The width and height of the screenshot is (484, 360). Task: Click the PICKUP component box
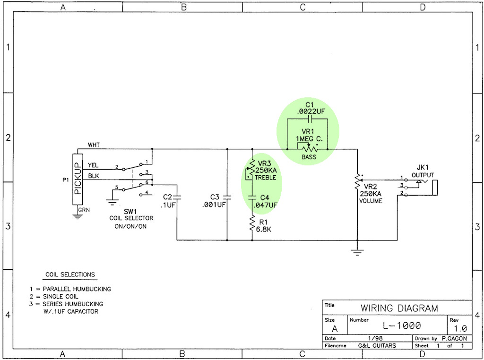click(78, 179)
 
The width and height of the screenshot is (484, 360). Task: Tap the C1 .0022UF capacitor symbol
click(311, 119)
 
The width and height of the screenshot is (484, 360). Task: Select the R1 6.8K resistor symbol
click(252, 223)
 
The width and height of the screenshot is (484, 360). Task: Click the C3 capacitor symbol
click(227, 197)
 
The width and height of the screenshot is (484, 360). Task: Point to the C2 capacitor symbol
click(177, 197)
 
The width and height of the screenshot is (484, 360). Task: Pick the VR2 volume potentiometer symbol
click(357, 181)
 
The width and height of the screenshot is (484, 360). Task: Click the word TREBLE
click(266, 178)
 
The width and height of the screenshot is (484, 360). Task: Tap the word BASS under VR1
click(309, 157)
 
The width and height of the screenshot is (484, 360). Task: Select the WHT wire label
click(94, 145)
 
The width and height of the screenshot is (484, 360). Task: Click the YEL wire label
click(93, 165)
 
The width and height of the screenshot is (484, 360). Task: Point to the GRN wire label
click(84, 210)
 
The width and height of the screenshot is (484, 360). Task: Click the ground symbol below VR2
click(357, 253)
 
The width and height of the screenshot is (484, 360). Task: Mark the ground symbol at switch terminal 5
click(112, 202)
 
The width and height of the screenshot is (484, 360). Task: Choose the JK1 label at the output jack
click(423, 168)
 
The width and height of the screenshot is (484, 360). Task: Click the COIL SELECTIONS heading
click(70, 274)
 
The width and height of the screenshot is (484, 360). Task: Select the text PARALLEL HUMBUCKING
click(77, 289)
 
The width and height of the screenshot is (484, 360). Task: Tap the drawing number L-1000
click(402, 326)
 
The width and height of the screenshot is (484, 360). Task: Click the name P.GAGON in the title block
click(454, 338)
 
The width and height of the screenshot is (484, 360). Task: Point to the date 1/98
click(375, 338)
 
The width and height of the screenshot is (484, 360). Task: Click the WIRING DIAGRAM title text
click(399, 308)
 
